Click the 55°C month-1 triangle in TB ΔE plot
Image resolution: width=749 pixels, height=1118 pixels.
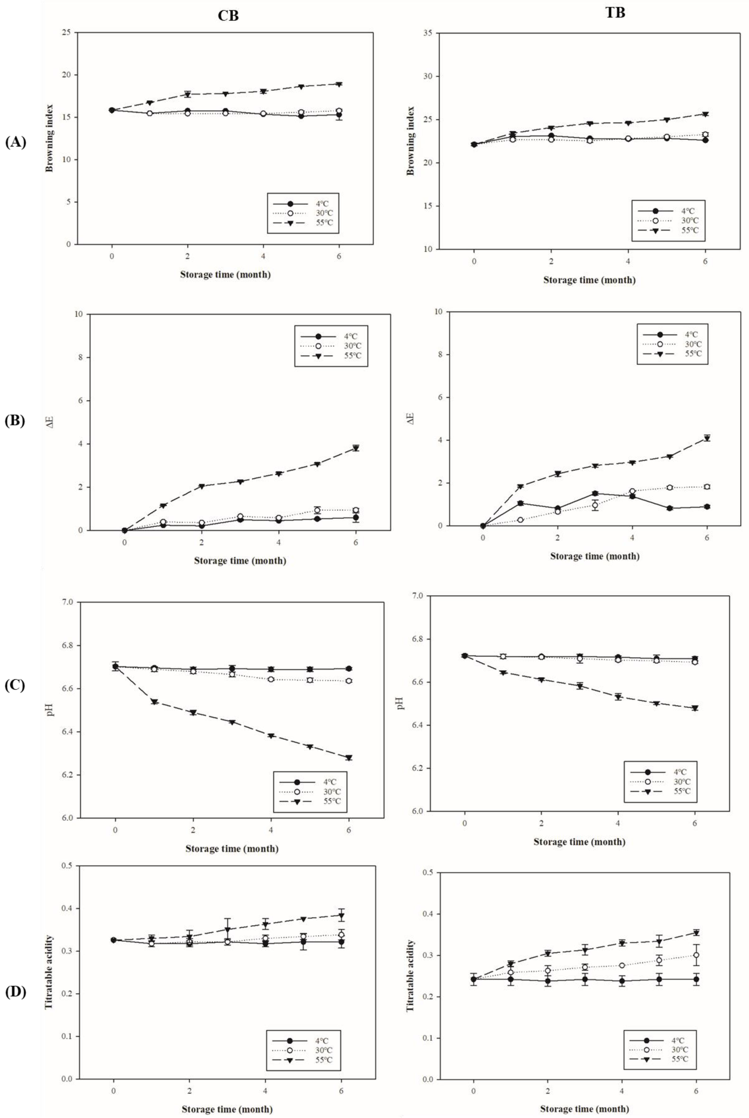coord(520,487)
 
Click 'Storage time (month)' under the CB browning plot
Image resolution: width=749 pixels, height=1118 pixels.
coord(225,275)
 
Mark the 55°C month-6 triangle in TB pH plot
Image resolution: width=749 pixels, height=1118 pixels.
coord(695,708)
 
